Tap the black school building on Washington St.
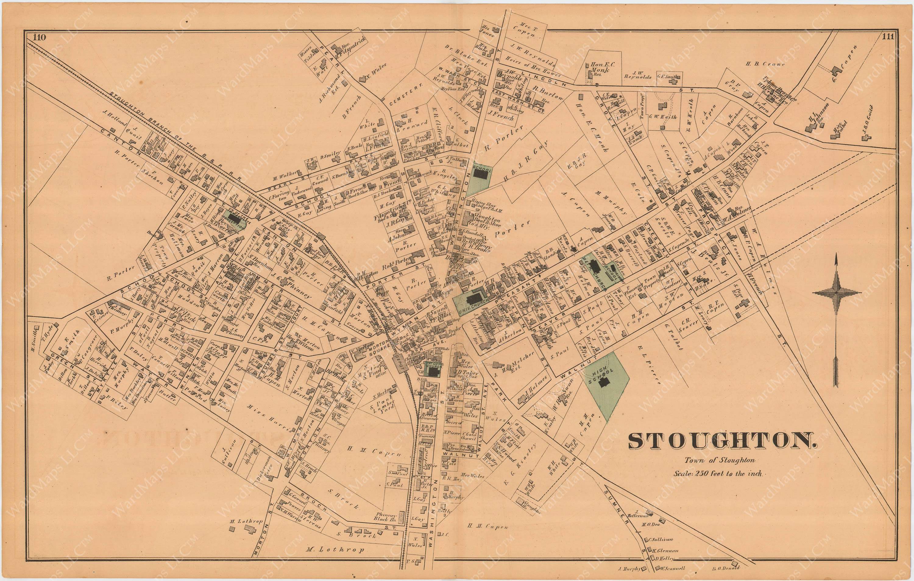(481, 174)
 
